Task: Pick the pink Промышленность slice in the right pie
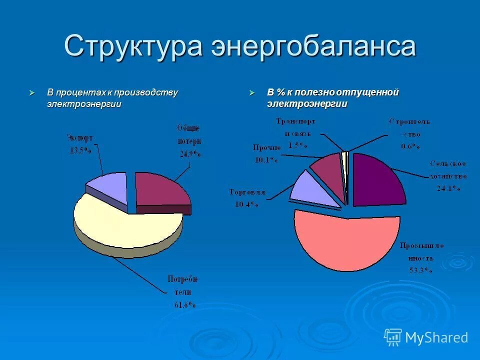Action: (345, 240)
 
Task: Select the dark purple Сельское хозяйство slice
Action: (377, 179)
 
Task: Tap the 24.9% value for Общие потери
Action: (190, 154)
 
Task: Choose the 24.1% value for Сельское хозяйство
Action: (448, 188)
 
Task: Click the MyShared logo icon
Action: (393, 337)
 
